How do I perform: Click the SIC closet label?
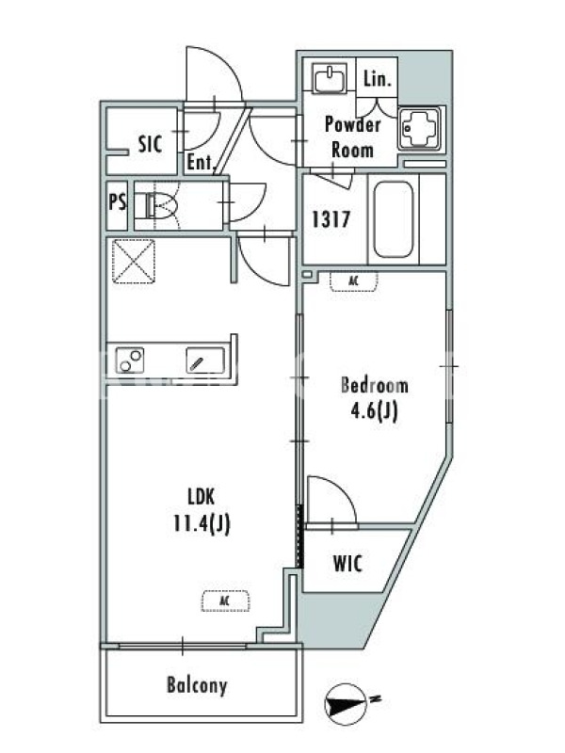tap(150, 144)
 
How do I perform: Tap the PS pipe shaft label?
tap(118, 201)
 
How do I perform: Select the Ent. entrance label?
tap(200, 162)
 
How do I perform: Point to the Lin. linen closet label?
tap(378, 79)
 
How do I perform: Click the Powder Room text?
tap(352, 137)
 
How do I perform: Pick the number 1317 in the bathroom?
tap(331, 219)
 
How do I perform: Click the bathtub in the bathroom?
tap(393, 219)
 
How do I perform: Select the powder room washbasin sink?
tap(330, 78)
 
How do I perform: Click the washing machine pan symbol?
tap(419, 128)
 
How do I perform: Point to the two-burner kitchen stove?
tap(130, 360)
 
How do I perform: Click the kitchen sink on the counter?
tap(205, 360)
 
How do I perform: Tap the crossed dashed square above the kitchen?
tap(134, 262)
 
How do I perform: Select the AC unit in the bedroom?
tap(354, 281)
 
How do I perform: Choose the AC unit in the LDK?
tap(226, 601)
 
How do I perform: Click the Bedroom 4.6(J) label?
tap(375, 399)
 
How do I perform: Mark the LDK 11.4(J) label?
tap(202, 511)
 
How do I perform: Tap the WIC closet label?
tap(347, 564)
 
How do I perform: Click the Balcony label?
tap(197, 685)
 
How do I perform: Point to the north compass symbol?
tap(345, 704)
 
